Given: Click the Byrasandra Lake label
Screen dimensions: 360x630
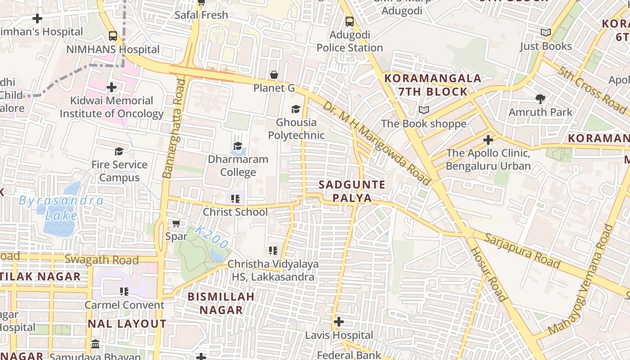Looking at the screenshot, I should coord(61,207).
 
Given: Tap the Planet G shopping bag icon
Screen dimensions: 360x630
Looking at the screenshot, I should coord(274,75).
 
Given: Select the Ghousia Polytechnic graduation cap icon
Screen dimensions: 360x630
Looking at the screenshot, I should coord(296,109).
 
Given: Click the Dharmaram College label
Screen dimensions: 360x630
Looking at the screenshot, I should coord(238,166).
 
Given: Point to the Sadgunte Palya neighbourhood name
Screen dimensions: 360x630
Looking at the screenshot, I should coord(352,191).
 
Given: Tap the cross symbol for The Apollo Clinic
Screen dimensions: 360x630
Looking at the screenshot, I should coord(488,140).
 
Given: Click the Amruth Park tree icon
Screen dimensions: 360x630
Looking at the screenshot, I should coord(540,99).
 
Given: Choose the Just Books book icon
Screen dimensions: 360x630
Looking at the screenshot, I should coord(545,32).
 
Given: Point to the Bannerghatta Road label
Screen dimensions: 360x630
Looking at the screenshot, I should coord(174,128).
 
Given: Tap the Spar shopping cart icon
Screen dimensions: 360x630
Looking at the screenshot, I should coord(176,223).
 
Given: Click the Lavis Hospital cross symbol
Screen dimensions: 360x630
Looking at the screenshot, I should coord(339,322).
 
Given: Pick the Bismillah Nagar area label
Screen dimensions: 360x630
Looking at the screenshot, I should coord(221,303).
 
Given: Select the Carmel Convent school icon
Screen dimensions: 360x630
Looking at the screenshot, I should coord(124,292).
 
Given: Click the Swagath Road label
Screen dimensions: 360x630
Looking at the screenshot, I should coord(102,260).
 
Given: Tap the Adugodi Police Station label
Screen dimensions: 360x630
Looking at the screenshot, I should coord(350,41).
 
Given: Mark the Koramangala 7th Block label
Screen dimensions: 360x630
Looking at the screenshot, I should coord(433,85).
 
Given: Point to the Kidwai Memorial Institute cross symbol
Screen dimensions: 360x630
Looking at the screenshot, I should coord(112,87).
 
